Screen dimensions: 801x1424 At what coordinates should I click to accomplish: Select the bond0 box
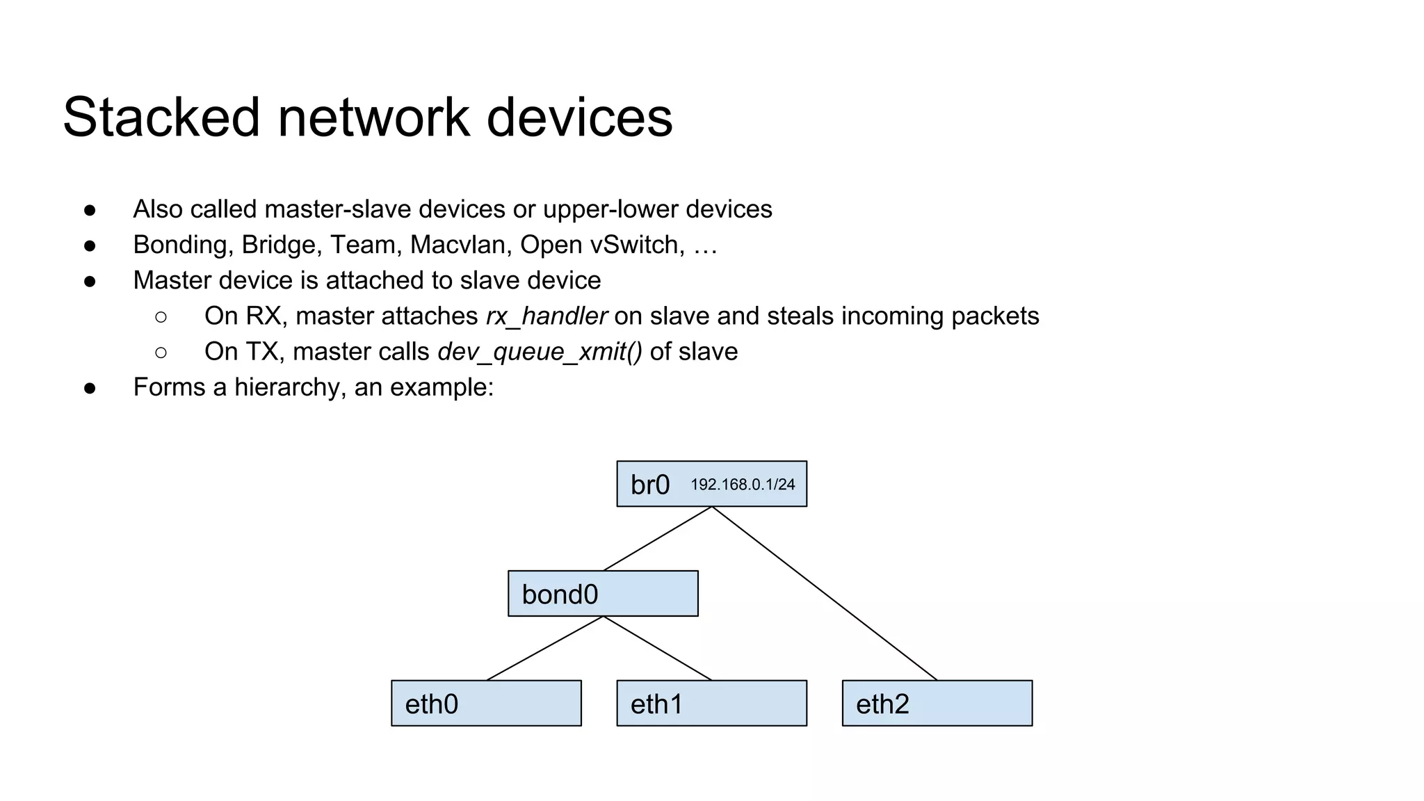603,594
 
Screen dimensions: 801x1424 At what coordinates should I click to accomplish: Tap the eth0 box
486,704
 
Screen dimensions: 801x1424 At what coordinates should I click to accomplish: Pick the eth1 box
711,704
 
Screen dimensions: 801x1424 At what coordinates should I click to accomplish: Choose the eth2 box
937,704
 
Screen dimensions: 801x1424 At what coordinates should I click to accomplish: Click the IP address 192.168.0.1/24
743,485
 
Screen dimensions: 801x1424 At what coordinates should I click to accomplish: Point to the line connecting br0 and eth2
825,593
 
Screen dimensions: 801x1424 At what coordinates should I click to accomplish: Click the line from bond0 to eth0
544,648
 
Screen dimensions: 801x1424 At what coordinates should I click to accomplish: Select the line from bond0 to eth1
658,648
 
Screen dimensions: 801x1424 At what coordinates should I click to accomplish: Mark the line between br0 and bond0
658,539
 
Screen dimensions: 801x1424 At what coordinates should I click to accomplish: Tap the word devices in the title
579,117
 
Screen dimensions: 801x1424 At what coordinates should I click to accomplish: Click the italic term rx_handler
547,316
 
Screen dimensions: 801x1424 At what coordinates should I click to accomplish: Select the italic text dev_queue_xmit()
540,352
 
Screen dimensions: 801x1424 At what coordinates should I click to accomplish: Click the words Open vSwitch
602,245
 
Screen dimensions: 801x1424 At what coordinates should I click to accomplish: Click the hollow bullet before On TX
161,353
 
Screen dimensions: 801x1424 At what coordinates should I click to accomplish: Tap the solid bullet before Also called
90,210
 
